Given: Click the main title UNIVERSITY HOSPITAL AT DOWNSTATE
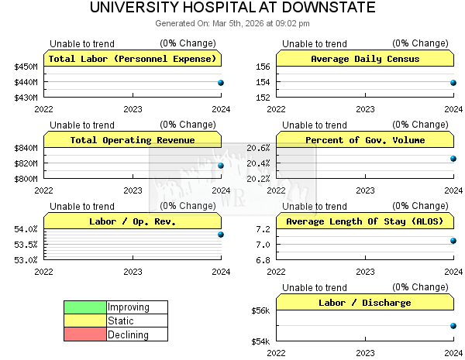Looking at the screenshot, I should click(x=232, y=9).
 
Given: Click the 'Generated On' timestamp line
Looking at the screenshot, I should click(x=232, y=24).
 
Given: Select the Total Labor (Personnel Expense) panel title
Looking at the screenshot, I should click(x=133, y=59).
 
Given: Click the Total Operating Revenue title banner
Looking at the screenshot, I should click(x=133, y=140).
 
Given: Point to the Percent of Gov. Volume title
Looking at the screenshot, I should click(x=365, y=140).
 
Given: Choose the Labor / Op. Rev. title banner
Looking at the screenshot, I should click(x=133, y=221).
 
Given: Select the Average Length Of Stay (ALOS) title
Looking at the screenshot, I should click(x=365, y=221).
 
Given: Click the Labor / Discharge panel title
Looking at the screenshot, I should click(x=365, y=303).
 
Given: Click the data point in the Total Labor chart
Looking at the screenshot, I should click(x=221, y=83).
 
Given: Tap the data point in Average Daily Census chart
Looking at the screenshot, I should click(x=453, y=83).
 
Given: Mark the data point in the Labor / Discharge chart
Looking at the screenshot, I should click(x=453, y=326).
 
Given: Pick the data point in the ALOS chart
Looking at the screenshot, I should click(x=453, y=241).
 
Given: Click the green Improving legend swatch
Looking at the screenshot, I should click(x=84, y=307).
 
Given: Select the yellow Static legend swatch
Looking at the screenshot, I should click(x=84, y=321).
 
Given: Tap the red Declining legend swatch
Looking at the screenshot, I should click(x=84, y=334).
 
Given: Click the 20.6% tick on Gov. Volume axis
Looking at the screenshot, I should click(x=258, y=148).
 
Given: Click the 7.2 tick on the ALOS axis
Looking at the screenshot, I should click(x=263, y=229).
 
